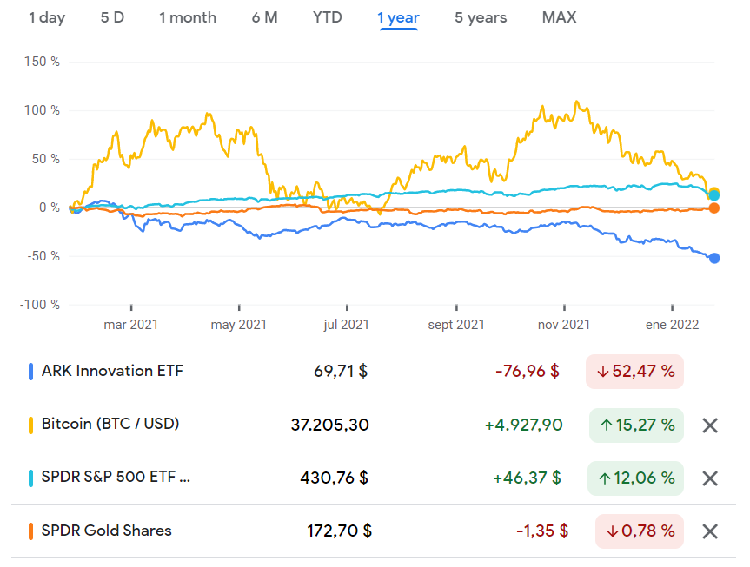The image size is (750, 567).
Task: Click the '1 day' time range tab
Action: (47, 17)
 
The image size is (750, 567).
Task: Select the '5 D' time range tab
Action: (112, 17)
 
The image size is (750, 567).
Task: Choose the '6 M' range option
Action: (264, 17)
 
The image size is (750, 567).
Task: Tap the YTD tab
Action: (328, 17)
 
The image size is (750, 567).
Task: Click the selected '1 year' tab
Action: (398, 17)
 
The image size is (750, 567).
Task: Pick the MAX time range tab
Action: (559, 17)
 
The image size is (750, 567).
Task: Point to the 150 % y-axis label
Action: (43, 62)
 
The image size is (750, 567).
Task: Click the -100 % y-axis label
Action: (40, 305)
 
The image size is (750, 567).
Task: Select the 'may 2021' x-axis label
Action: (239, 325)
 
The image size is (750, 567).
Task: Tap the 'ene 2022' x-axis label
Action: (672, 325)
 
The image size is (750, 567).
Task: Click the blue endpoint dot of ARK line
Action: (714, 258)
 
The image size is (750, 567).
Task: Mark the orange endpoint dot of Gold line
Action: (714, 208)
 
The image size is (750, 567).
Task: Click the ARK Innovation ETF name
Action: (112, 372)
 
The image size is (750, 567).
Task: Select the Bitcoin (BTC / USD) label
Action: (110, 425)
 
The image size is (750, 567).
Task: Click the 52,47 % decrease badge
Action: (634, 372)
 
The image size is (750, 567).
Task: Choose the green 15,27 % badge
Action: (636, 425)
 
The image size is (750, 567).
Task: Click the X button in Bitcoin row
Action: (710, 425)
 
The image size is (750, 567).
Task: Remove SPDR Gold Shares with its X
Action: (710, 531)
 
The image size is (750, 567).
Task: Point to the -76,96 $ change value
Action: (527, 372)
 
